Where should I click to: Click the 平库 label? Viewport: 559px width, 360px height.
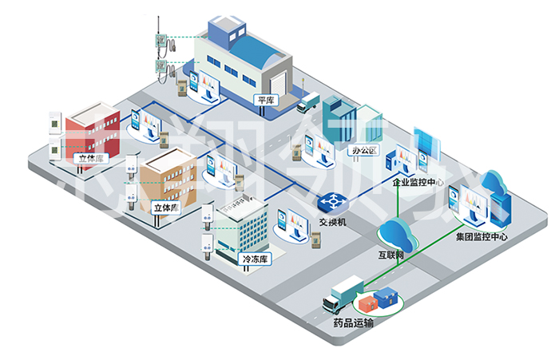(265, 101)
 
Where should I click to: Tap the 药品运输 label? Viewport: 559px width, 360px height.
(352, 322)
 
